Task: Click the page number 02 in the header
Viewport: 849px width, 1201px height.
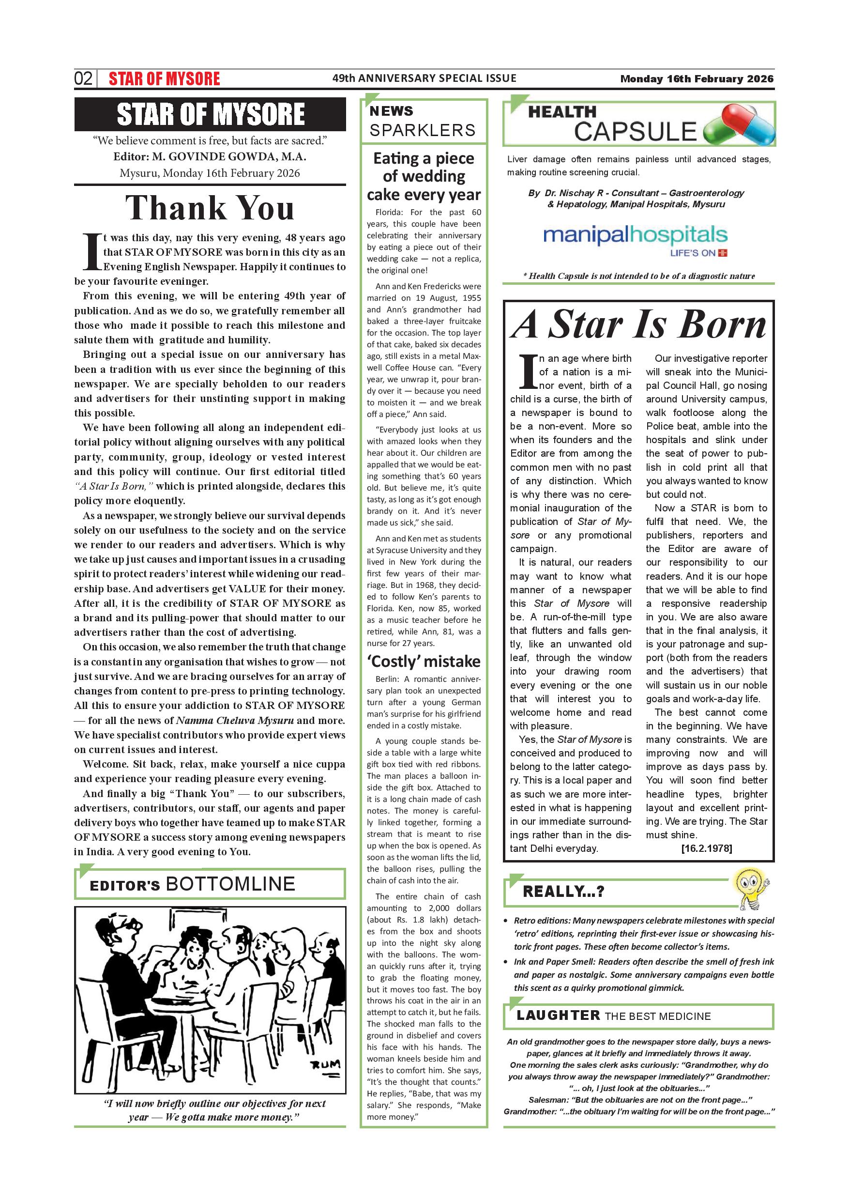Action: coord(83,78)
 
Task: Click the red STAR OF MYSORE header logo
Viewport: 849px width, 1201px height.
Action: coord(164,79)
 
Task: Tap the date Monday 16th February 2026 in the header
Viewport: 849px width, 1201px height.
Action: coord(697,79)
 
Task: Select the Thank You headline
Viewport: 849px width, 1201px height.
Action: coord(210,208)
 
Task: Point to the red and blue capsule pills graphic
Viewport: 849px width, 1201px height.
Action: coord(739,124)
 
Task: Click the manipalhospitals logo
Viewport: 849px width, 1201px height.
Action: coord(635,240)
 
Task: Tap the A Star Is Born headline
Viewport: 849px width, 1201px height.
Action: coord(638,325)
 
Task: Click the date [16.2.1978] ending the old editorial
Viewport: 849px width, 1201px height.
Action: coord(706,848)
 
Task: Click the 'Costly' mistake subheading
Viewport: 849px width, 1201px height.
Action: coord(424,662)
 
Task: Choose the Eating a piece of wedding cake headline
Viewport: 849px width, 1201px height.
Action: coord(424,176)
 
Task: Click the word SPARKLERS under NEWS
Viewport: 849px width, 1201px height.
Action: coord(423,130)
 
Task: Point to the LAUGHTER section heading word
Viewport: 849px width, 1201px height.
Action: coord(558,1016)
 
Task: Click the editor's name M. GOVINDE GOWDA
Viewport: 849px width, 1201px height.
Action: coord(229,156)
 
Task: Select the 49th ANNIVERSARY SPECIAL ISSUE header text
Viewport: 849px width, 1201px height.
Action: coord(424,78)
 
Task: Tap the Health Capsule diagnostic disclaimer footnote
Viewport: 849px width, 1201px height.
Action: coord(639,276)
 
